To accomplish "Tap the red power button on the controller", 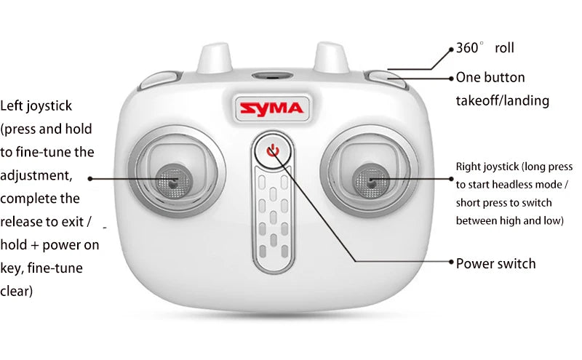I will pyautogui.click(x=273, y=151).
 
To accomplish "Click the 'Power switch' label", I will pyautogui.click(x=495, y=263).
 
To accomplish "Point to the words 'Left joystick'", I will pyautogui.click(x=36, y=106).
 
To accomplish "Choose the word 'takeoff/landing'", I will pyautogui.click(x=503, y=101).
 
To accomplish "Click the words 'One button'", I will pyautogui.click(x=490, y=78).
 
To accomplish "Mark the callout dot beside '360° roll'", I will pyautogui.click(x=450, y=49).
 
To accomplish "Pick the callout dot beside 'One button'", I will pyautogui.click(x=450, y=77).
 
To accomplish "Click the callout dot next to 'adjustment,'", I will pyautogui.click(x=90, y=177).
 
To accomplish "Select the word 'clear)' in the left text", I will pyautogui.click(x=17, y=292).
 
